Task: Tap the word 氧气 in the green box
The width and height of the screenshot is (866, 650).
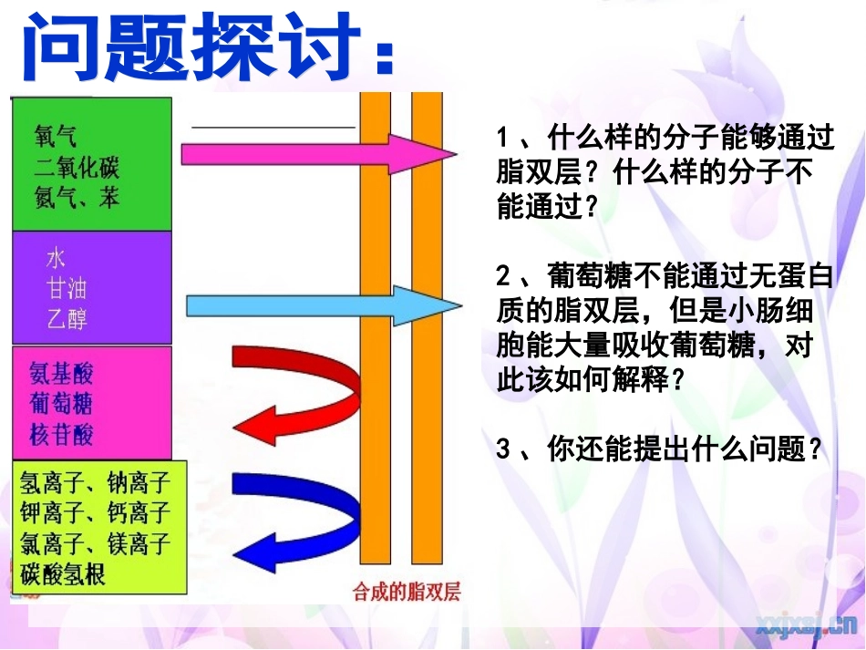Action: [56, 137]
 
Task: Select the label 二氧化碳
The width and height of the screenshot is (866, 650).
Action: [77, 167]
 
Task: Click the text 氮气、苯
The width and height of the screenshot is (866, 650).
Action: [77, 197]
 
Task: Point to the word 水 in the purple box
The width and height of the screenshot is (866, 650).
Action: [56, 259]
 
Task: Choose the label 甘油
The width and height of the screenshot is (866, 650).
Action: [67, 289]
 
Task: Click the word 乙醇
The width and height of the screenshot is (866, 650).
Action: [67, 319]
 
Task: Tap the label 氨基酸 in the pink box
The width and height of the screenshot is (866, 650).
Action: [61, 374]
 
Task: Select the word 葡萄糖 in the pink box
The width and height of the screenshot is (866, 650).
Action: [61, 403]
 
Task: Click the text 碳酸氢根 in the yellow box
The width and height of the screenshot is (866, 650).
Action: [63, 574]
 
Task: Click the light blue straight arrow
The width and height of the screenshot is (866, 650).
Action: [310, 305]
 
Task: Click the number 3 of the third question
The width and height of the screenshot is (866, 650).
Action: [502, 449]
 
